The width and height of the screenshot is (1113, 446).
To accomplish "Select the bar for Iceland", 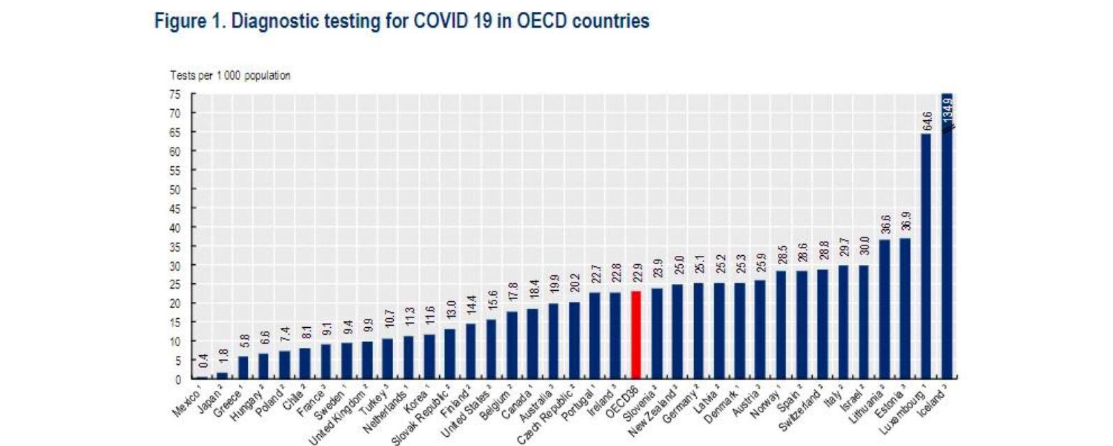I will point(947,238).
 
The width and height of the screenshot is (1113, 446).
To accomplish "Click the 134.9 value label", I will point(948,112).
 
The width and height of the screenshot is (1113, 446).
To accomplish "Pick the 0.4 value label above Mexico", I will point(203,361).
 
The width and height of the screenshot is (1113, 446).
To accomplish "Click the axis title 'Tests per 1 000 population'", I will point(230,75).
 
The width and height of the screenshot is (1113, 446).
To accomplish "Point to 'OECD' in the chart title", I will point(542,21).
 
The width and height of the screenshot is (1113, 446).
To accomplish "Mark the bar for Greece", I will point(244,368).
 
